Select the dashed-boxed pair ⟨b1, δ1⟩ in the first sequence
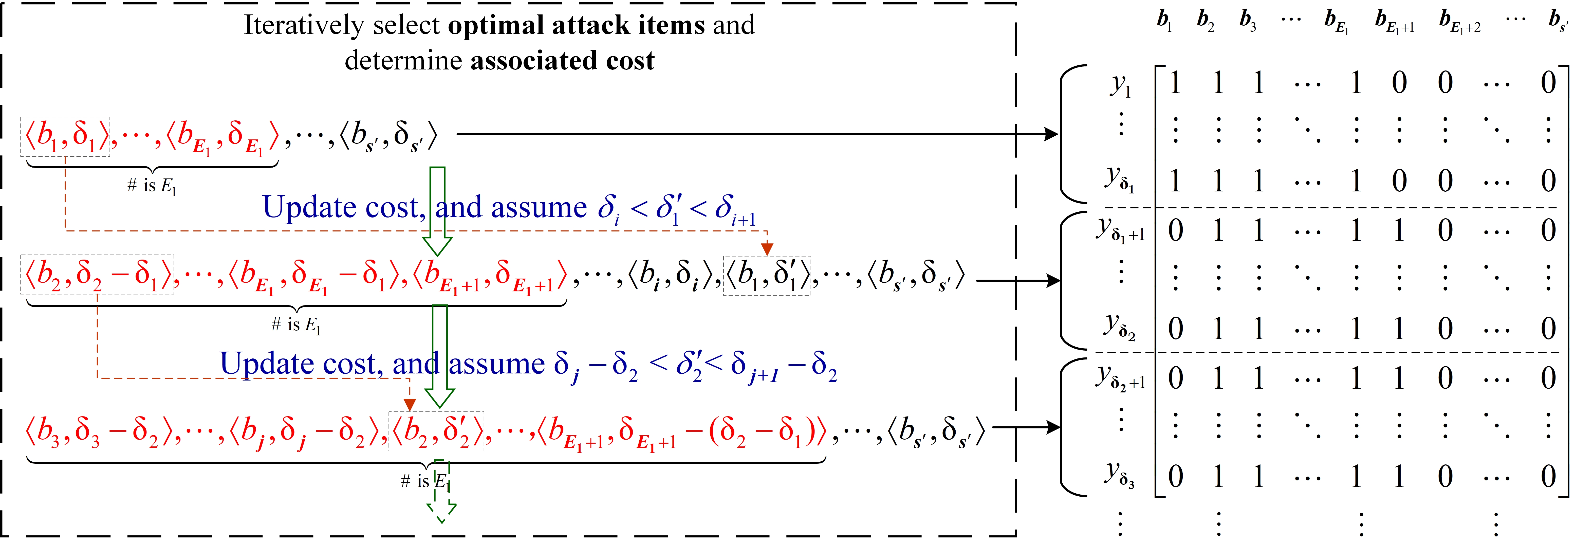[65, 136]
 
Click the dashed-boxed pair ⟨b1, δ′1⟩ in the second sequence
[767, 276]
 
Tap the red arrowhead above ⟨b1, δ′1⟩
[767, 248]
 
